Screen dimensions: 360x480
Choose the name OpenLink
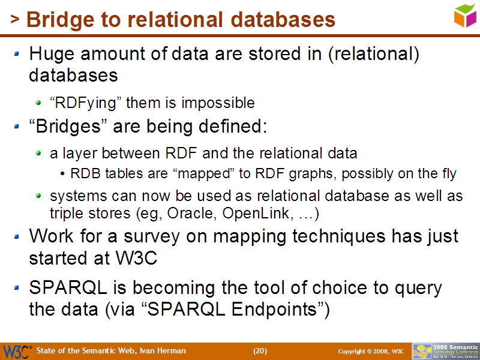tap(250, 213)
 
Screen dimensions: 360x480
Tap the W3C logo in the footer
tap(17, 351)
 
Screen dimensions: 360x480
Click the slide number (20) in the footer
tap(260, 351)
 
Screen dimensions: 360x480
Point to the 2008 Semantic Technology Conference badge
tap(445, 351)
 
